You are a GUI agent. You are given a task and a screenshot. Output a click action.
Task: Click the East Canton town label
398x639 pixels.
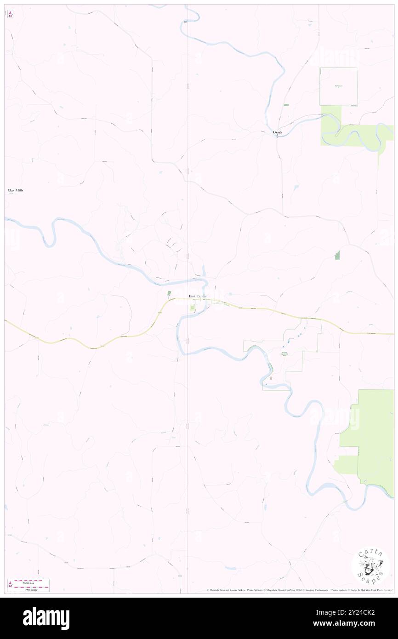198,297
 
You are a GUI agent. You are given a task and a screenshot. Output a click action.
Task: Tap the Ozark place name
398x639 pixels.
277,132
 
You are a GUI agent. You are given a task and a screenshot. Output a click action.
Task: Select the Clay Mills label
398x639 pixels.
15,190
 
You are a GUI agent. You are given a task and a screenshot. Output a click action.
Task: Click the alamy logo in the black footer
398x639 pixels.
46,618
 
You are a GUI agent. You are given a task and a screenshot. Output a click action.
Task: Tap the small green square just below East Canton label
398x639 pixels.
192,308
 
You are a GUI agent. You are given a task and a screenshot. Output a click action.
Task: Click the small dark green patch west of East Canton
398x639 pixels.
169,293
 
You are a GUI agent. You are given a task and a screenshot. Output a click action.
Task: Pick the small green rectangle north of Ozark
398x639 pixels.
286,105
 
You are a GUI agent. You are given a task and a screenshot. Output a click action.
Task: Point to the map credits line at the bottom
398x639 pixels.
299,590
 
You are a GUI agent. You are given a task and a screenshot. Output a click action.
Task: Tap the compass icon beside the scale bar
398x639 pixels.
10,584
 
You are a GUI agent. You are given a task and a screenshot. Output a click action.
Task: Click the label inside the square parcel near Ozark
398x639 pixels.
339,86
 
